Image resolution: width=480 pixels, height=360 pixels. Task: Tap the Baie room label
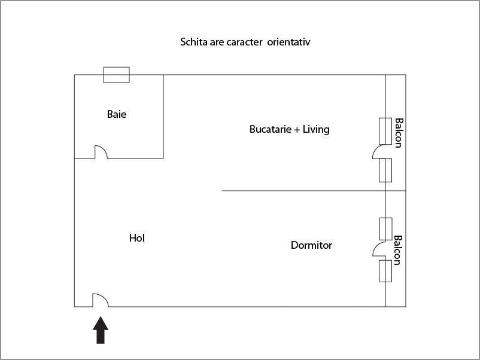click(117, 114)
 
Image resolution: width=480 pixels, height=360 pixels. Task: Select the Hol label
click(137, 238)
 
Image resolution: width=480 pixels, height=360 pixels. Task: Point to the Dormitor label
click(311, 245)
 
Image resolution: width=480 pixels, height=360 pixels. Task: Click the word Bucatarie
click(270, 129)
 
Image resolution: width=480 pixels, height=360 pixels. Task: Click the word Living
click(316, 129)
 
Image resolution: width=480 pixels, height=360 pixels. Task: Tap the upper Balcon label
click(398, 133)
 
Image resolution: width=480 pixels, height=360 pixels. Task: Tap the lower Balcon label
click(398, 250)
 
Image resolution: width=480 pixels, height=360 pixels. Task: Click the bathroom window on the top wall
click(117, 75)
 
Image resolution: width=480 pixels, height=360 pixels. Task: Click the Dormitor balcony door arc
click(379, 248)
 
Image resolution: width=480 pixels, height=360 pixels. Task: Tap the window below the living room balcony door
click(385, 170)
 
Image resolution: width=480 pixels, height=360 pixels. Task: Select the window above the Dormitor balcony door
click(385, 229)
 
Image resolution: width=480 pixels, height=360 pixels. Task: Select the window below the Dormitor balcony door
click(385, 271)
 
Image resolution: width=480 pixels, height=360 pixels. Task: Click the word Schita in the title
click(193, 42)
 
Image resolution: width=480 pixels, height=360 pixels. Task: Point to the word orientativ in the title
click(289, 42)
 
